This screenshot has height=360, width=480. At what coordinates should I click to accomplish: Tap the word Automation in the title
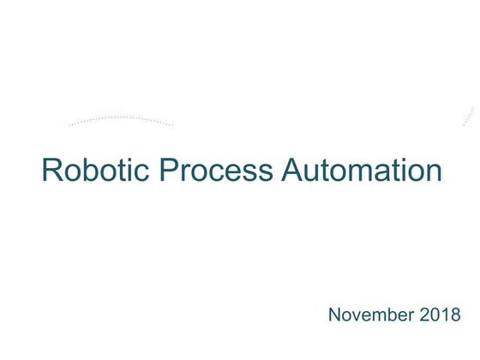(x=361, y=170)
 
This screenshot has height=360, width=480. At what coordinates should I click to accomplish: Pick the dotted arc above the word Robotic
(x=120, y=119)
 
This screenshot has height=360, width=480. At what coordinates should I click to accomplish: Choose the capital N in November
(x=336, y=316)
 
